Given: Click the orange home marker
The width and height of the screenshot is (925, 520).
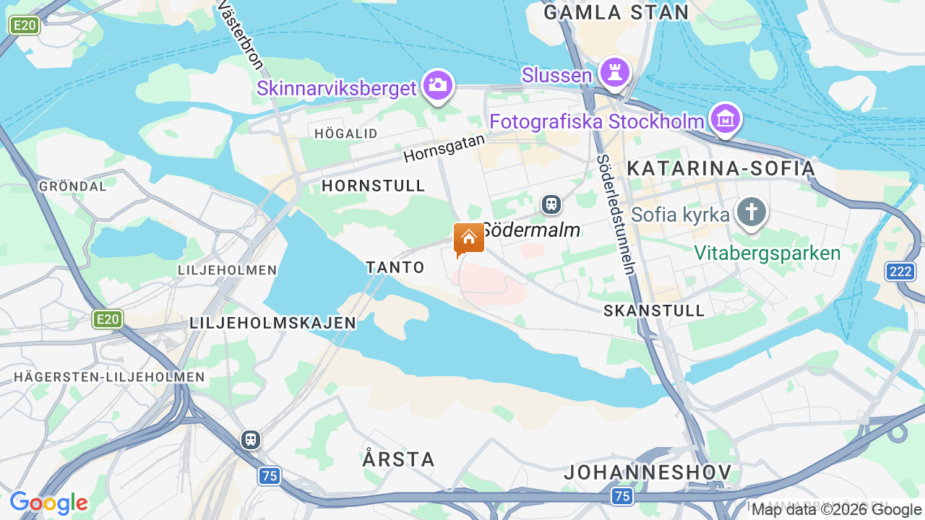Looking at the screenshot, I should coord(468,238).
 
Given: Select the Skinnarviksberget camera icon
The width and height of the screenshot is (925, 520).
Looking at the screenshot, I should coord(437,85).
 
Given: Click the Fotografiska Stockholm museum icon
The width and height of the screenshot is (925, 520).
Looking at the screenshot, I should coord(726,119).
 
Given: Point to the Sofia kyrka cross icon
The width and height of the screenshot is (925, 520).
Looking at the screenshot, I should coord(752,212).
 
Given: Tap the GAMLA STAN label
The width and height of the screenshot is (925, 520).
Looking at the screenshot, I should coord(616,12).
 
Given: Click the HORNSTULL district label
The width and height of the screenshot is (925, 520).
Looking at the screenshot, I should coord(374,186).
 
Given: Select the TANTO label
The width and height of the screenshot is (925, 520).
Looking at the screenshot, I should coord(395,267).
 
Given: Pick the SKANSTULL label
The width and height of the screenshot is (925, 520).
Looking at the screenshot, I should coord(654,311).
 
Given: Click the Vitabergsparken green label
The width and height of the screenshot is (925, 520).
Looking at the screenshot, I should coord(767,253).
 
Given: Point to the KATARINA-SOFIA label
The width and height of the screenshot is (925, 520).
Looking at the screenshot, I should coord(720,168).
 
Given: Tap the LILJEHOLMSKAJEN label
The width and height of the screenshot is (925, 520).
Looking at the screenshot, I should coord(273,323).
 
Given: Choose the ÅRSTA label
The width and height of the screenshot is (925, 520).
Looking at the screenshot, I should coord(399,459).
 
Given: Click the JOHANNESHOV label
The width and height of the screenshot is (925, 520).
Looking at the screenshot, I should coord(647,472).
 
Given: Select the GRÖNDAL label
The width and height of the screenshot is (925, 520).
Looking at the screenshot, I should coord(73,186).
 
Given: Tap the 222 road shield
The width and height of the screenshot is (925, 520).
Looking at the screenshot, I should coord(900,272).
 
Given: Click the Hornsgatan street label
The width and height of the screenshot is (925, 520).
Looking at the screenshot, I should coord(444,147).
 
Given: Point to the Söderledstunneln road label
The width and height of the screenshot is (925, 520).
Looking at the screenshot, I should coord(616,214).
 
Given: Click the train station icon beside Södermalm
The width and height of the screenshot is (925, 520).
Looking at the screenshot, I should coord(551,204).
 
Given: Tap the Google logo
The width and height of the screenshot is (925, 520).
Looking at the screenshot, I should coord(48,503).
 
